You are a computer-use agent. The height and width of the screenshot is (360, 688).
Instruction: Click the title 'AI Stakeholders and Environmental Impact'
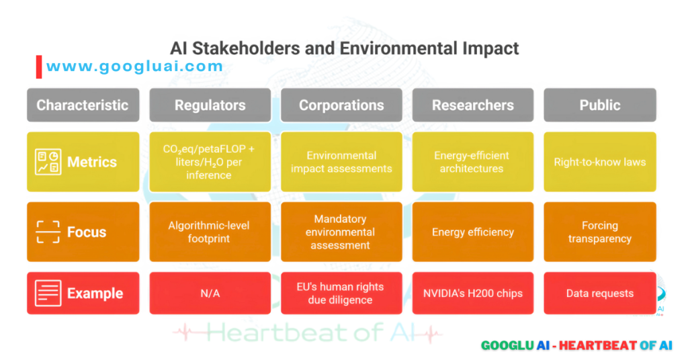[x=344, y=48]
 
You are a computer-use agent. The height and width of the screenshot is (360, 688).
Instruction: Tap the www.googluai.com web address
[x=134, y=66]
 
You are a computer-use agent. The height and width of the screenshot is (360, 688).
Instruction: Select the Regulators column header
[x=210, y=105]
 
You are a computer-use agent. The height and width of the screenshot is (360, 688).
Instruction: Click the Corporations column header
[x=341, y=105]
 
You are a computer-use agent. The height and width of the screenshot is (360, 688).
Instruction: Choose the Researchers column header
[x=472, y=105]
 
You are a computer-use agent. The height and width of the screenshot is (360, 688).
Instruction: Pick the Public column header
[x=599, y=105]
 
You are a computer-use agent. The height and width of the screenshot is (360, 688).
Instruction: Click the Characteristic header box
[x=83, y=105]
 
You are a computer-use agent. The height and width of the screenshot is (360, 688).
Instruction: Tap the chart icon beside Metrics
[x=48, y=162]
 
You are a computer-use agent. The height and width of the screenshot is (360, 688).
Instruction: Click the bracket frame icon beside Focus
[x=48, y=232]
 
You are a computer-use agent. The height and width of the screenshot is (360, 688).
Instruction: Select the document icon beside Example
[x=48, y=294]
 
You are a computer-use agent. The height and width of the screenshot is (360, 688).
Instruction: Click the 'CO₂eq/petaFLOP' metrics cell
[x=210, y=162]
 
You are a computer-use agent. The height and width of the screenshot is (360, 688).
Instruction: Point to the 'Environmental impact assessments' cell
[x=341, y=162]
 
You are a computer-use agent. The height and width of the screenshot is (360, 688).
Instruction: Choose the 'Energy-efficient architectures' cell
[x=472, y=162]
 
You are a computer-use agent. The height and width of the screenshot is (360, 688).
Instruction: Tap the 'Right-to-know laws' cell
[x=599, y=162]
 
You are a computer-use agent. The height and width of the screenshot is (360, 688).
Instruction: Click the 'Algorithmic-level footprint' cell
[x=210, y=232]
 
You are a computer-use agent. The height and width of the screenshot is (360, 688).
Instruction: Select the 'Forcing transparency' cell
[x=599, y=232]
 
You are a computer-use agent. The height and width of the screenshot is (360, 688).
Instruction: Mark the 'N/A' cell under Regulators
[x=210, y=294]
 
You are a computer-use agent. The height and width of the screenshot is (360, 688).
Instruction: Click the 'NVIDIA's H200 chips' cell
[x=472, y=294]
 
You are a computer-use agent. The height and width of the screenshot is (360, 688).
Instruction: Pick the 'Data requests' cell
[x=599, y=294]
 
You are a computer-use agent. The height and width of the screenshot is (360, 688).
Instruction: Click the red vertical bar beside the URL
[x=39, y=66]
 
